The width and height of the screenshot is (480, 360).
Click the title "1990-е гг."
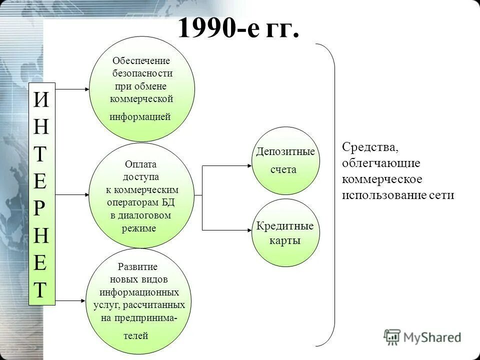pos(238,28)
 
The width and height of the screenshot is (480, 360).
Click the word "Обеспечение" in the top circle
pos(141,61)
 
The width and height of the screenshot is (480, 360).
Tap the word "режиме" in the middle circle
pos(139,228)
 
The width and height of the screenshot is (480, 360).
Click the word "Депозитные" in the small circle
pos(285,151)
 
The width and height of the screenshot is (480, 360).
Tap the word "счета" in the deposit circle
pos(283,169)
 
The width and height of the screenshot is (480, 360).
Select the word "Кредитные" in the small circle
pos(285,226)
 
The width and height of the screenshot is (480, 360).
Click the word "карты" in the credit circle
pos(285,240)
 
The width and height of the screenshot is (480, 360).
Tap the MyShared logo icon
pos(392,336)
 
